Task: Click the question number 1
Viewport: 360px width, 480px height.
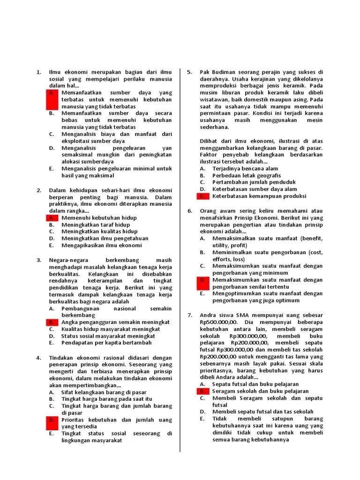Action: (39, 72)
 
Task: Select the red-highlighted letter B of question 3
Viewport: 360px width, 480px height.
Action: (52, 322)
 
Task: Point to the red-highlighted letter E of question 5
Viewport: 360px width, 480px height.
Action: (202, 196)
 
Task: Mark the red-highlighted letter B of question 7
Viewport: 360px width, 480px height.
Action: (202, 391)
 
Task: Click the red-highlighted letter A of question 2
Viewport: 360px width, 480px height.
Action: (52, 218)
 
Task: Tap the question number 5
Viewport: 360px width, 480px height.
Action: (190, 72)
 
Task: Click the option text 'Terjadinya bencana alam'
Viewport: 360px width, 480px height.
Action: (245, 168)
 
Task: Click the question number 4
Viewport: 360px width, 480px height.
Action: (39, 358)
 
